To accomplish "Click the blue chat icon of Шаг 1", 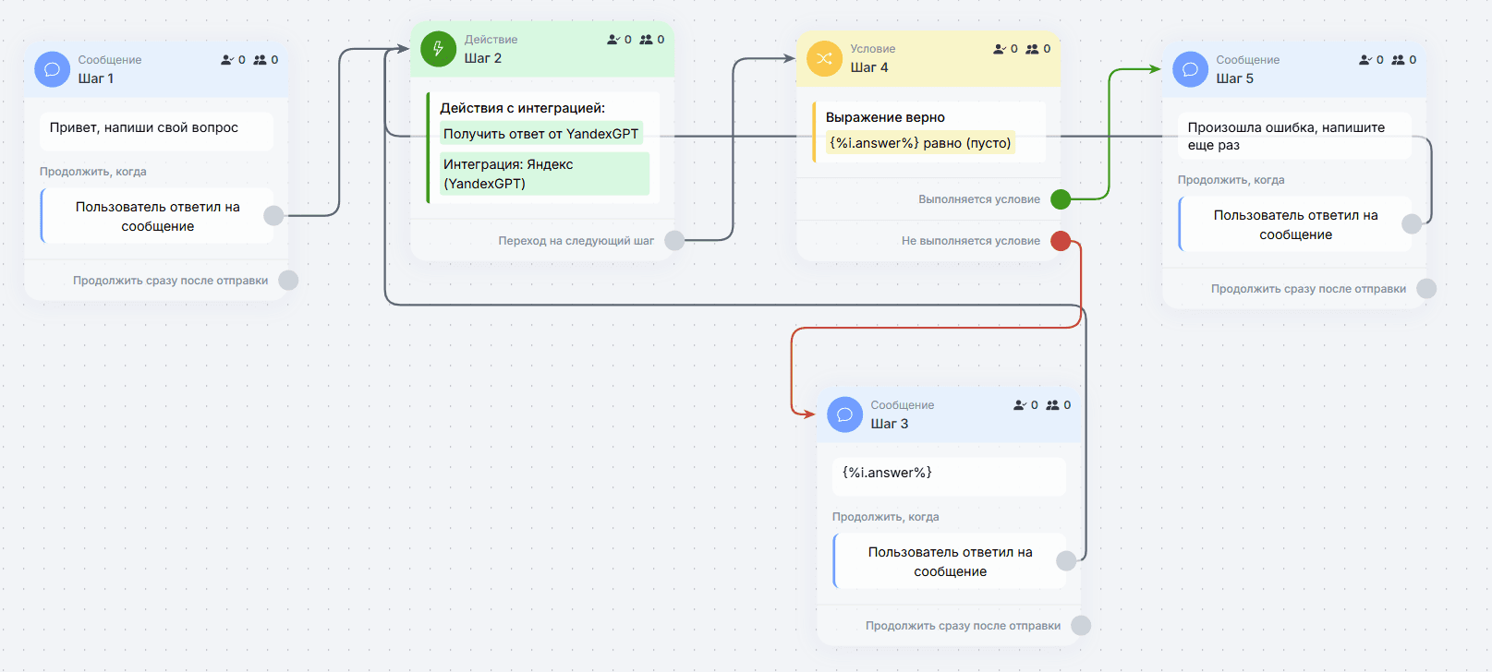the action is (52, 69).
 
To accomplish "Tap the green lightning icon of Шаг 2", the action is (438, 49).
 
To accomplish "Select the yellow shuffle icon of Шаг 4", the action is (825, 58).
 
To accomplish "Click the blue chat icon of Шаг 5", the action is (1190, 69).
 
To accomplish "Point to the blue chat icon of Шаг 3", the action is (844, 414).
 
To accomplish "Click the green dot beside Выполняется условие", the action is (1061, 199).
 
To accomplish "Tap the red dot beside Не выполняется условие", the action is (1061, 241).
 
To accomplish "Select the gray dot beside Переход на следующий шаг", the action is (674, 240).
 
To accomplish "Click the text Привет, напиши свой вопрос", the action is (144, 127).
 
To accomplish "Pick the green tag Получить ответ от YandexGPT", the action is (540, 134).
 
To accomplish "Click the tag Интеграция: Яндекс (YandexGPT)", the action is (544, 174).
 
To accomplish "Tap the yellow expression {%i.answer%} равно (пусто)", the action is (920, 142).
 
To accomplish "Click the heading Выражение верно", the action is (885, 117).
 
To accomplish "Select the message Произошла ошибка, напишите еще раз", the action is (1286, 137).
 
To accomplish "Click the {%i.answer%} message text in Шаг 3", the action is (887, 473).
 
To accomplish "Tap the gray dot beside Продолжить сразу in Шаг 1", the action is (288, 280).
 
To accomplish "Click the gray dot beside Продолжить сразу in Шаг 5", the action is (1426, 289).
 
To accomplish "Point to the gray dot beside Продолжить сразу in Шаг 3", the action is (1081, 626).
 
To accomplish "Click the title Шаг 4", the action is (869, 67).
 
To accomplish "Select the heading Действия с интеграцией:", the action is (522, 108).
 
